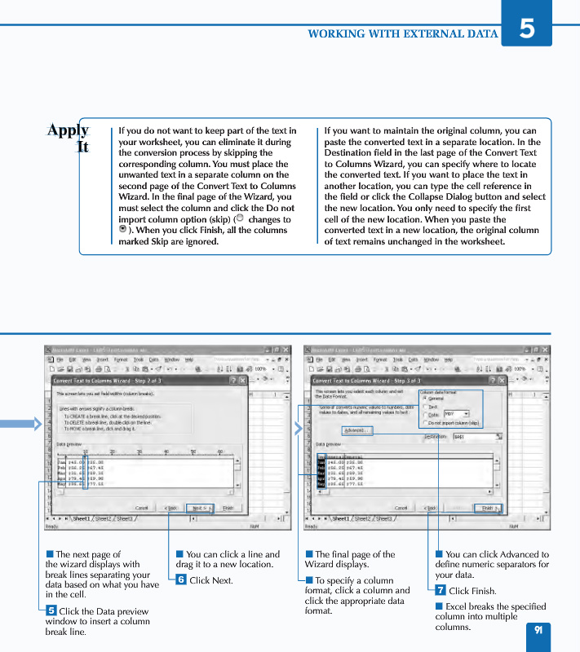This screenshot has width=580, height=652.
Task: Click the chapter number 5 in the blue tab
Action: [527, 28]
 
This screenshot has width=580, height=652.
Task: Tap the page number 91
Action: [538, 630]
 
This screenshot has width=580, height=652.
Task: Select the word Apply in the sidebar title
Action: [68, 130]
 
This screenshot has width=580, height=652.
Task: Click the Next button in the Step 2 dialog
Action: [200, 508]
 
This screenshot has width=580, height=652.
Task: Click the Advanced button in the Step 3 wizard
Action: [356, 430]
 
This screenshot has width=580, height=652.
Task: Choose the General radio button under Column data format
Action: [425, 399]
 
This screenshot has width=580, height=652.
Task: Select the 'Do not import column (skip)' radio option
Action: [425, 423]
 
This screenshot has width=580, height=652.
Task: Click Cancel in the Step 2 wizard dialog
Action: [141, 508]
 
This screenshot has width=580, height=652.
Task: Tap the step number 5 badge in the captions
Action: [51, 610]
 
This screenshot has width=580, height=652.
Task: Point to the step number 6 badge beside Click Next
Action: [181, 580]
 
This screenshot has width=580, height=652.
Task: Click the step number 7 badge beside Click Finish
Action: [441, 590]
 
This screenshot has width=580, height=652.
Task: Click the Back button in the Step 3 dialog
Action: [429, 508]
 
